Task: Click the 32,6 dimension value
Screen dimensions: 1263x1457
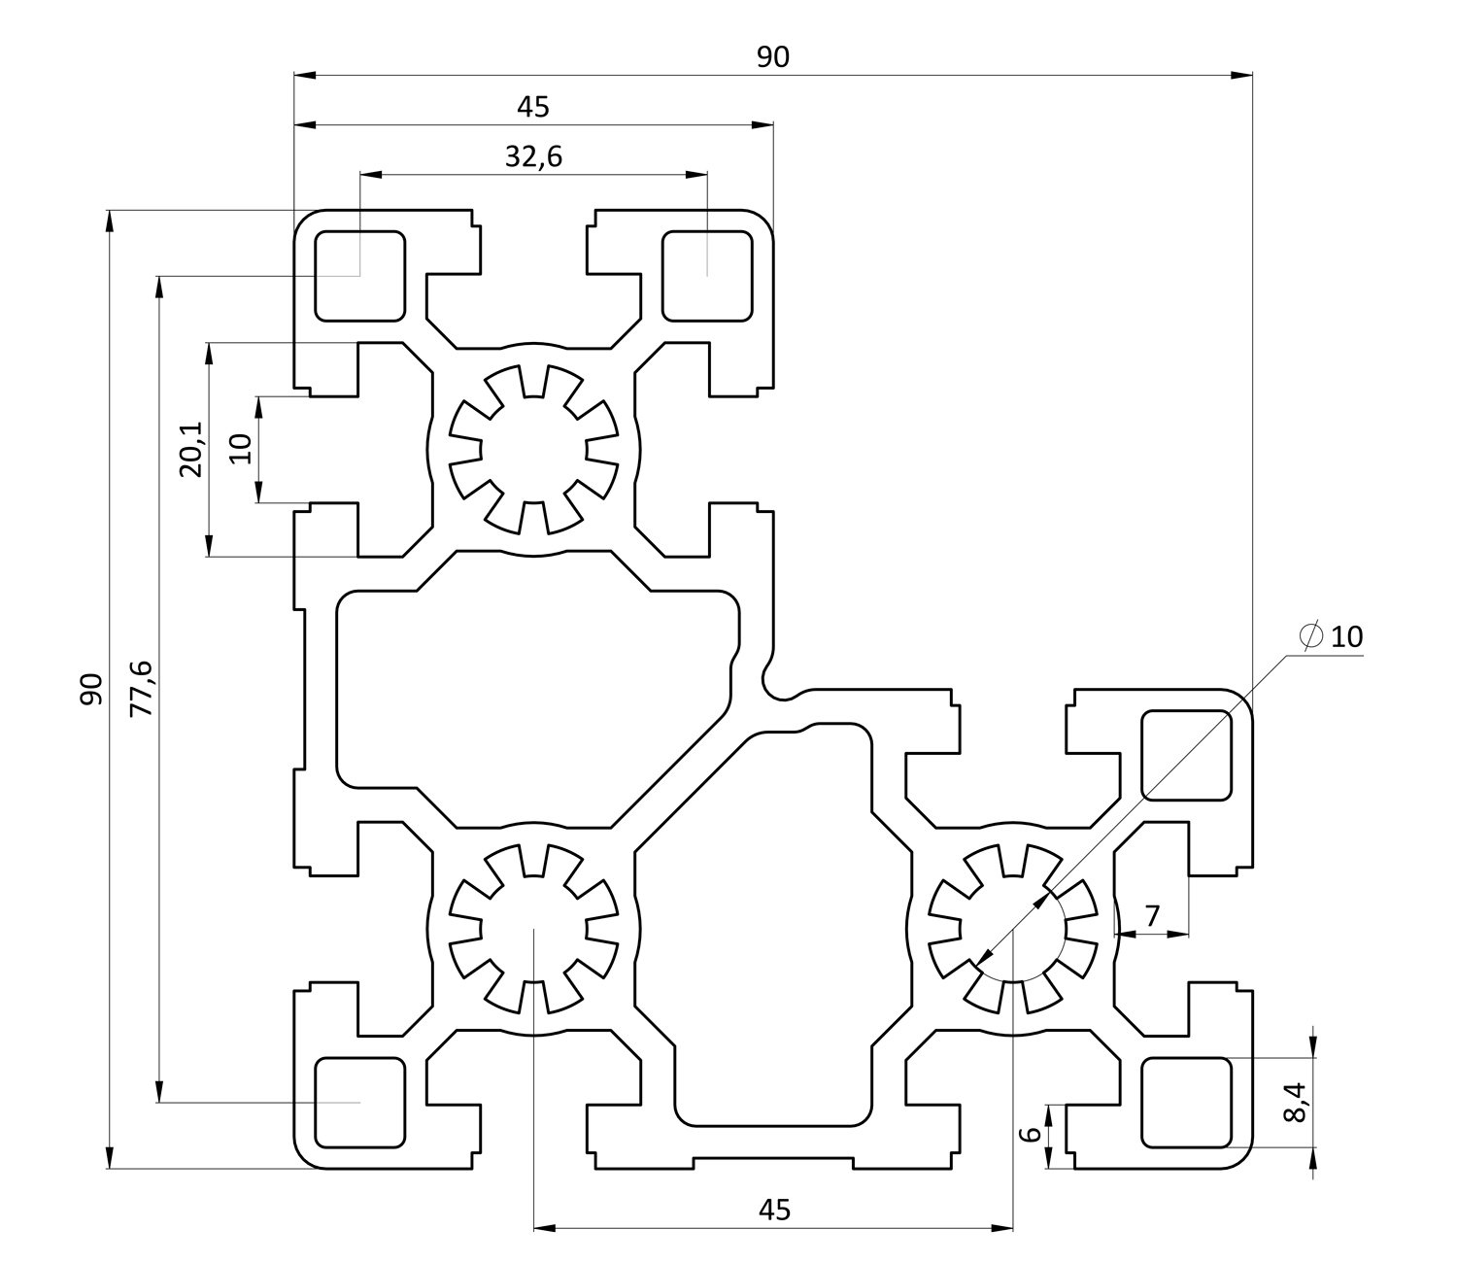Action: pyautogui.click(x=533, y=156)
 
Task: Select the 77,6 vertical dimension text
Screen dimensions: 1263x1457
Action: pyautogui.click(x=142, y=688)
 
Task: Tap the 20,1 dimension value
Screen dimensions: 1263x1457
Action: pyautogui.click(x=190, y=450)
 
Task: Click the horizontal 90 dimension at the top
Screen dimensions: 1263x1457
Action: pyautogui.click(x=773, y=57)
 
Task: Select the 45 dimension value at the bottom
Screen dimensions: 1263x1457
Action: pyautogui.click(x=774, y=1210)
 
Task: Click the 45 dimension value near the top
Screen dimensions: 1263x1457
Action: pyautogui.click(x=533, y=107)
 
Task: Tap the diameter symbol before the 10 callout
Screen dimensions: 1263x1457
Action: pyautogui.click(x=1310, y=636)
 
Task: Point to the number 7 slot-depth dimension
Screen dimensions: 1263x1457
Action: pyautogui.click(x=1152, y=915)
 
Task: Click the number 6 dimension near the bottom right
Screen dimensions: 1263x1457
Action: pyautogui.click(x=1032, y=1134)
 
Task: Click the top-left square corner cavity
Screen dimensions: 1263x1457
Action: pyautogui.click(x=359, y=276)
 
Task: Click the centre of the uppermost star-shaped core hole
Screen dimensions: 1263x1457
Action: pyautogui.click(x=533, y=450)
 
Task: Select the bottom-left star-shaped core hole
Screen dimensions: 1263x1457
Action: pyautogui.click(x=533, y=928)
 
